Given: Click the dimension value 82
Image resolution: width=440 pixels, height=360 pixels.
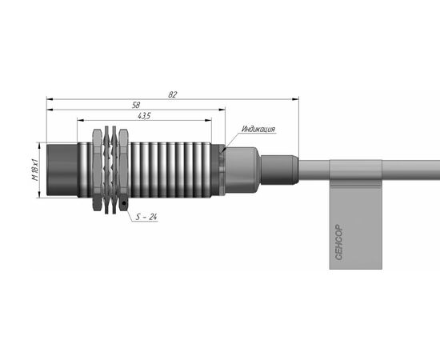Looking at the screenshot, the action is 173,94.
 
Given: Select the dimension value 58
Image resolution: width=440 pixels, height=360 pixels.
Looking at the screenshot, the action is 136,106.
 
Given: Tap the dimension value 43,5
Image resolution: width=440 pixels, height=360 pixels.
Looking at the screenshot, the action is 144,116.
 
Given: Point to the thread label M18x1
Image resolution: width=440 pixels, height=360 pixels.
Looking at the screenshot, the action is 34,170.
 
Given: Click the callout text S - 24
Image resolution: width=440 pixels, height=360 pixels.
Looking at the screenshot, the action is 146,217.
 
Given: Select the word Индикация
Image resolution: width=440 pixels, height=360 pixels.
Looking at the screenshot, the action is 258,129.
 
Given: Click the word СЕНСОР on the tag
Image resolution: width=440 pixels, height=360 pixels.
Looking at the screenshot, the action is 339,242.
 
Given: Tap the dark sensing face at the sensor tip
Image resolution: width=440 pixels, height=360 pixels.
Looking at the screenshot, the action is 62,170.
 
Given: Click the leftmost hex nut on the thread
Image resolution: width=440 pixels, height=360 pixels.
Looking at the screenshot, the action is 97,170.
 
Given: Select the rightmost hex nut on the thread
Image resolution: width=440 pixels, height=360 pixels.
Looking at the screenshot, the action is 123,170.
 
